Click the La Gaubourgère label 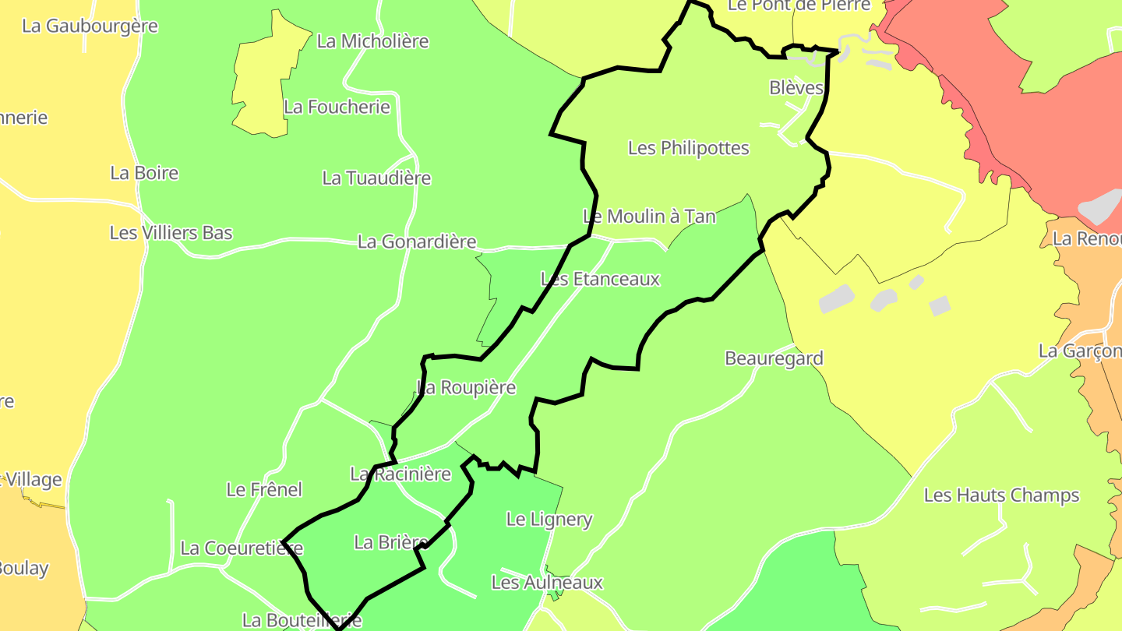coord(90,26)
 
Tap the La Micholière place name coord(372,41)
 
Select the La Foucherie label coord(337,107)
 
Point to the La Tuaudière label coord(376,178)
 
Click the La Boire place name coord(144,173)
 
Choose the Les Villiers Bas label coord(171,233)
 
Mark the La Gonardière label coord(417,242)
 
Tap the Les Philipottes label coord(688,148)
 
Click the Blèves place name coord(796,88)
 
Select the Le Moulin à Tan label coord(649,217)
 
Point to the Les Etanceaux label coord(600,279)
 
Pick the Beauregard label coord(774,359)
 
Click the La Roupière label coord(467,388)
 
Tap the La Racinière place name coord(400,474)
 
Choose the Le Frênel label coord(264,490)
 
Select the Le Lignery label coord(549,520)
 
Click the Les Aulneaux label coord(547,583)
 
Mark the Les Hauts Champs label coord(1001,495)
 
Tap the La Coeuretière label coord(242,548)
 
